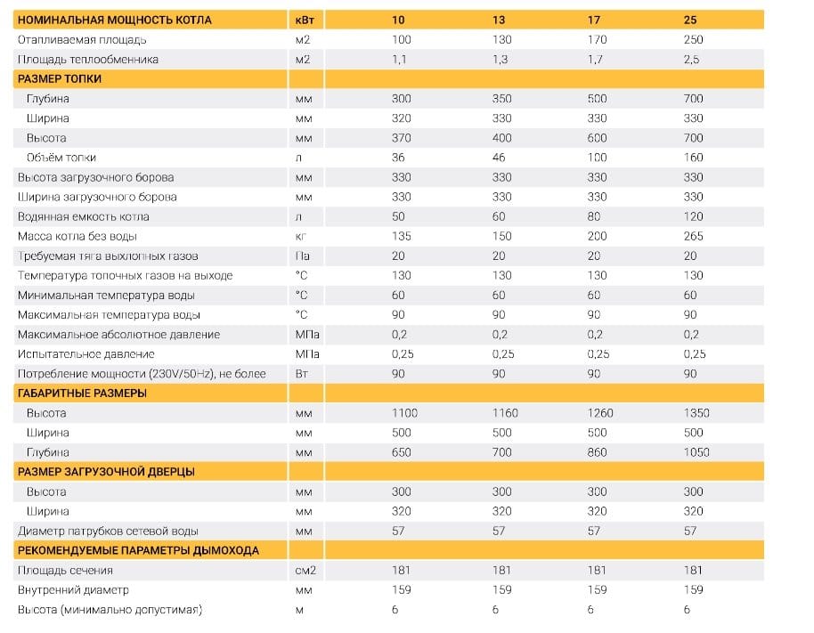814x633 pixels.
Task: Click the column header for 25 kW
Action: click(690, 20)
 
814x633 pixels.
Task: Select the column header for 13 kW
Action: click(499, 20)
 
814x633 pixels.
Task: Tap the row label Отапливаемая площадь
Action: click(82, 40)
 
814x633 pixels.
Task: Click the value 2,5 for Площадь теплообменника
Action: click(691, 60)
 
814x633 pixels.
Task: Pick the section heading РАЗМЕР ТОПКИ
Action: click(60, 79)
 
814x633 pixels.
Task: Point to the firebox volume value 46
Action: click(499, 158)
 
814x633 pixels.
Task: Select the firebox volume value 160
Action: click(693, 158)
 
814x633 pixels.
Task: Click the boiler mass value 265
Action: click(693, 237)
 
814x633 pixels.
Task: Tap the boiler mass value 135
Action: click(402, 237)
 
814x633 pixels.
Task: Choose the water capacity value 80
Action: click(594, 217)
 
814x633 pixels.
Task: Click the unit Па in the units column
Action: click(302, 256)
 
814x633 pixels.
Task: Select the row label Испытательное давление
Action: click(86, 354)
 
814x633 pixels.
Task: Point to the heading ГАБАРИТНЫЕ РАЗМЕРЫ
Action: click(82, 394)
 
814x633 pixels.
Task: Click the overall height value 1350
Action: click(696, 413)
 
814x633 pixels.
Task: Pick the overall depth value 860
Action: click(597, 453)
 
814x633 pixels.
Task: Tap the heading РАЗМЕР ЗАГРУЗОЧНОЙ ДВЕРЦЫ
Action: click(106, 472)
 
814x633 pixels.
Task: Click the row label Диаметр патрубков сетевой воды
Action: click(108, 532)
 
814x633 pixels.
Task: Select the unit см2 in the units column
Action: click(305, 571)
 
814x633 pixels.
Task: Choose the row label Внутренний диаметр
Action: click(73, 590)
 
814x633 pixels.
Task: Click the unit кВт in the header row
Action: click(305, 20)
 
